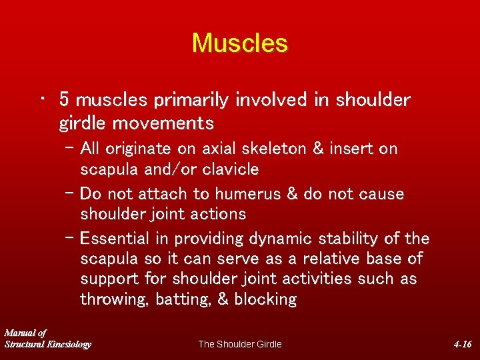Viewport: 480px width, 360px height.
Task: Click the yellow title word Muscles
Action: coord(240,43)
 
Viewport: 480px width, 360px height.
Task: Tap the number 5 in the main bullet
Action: coord(65,100)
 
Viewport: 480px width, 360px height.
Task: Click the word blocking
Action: coord(265,299)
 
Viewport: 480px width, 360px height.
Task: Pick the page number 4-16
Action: coord(462,344)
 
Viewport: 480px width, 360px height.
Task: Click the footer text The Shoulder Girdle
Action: coord(240,344)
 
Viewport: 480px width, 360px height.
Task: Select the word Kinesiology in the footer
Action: coord(67,344)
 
